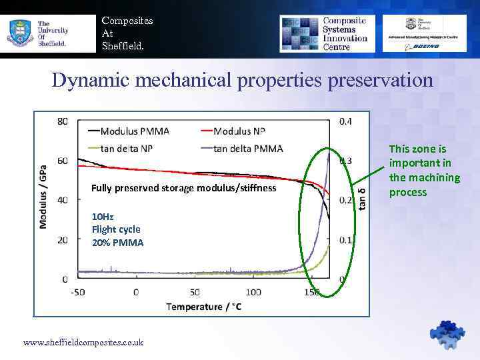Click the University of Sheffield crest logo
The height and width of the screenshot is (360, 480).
pos(20,33)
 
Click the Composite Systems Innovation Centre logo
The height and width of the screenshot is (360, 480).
pos(326,33)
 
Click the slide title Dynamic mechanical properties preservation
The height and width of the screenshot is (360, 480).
pos(243,81)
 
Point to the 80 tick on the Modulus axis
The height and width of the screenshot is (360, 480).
pos(62,121)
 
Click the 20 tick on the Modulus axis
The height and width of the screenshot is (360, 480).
pos(62,239)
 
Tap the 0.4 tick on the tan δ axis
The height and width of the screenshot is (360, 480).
pos(346,121)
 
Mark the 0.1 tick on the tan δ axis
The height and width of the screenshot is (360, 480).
pos(346,239)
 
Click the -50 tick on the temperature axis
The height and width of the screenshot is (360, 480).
pos(77,292)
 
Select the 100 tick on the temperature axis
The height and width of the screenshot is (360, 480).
pos(254,292)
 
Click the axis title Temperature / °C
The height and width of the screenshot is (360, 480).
pos(204,307)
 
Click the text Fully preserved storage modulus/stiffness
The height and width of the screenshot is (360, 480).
pos(183,188)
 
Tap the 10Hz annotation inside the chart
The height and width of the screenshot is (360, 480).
pos(103,217)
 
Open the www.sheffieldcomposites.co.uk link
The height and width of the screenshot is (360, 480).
pos(83,342)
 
